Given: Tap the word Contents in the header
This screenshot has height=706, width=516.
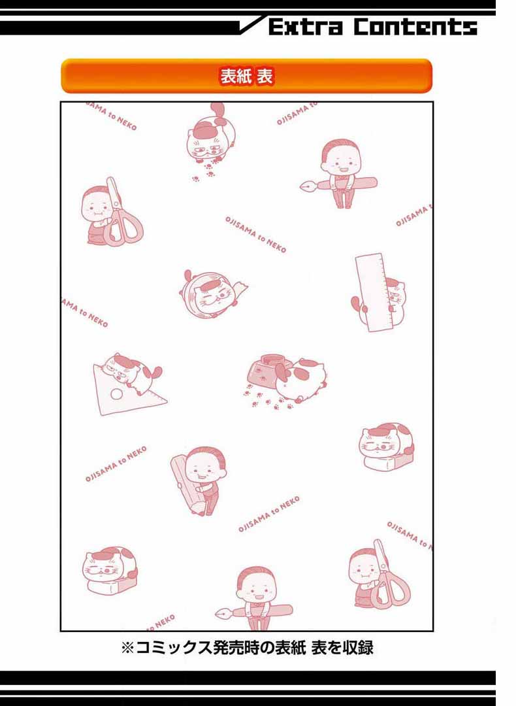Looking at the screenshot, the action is coord(415,27).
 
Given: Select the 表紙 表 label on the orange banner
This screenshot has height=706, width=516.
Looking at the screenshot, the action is coord(246,76).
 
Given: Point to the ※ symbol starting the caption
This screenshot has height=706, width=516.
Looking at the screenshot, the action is coord(128,648).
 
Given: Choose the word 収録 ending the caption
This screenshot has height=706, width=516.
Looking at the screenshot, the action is coord(358,648).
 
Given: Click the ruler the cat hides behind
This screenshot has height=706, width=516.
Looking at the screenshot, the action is coord(372,292).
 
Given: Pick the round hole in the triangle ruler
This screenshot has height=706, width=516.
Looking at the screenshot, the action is coord(117,394).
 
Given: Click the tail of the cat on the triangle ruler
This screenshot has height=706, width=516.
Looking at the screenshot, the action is coord(156,372).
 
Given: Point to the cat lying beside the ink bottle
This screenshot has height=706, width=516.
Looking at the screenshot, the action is coord(300,379).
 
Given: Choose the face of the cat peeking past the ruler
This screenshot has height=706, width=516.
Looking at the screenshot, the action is coord(395,297).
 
